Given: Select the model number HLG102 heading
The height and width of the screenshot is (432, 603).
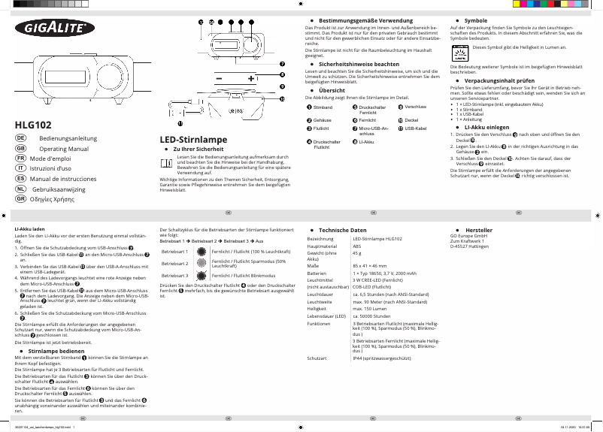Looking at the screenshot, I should pyautogui.click(x=33, y=124).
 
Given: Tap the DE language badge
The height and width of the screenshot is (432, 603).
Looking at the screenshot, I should pyautogui.click(x=21, y=139).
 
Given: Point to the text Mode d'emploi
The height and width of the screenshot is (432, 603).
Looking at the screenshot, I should pyautogui.click(x=54, y=159).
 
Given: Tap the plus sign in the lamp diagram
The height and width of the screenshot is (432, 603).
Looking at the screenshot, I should pyautogui.click(x=250, y=79).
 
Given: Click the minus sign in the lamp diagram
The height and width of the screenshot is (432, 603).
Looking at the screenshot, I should pyautogui.click(x=219, y=79).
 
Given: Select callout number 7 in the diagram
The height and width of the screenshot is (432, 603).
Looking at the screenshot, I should pyautogui.click(x=282, y=65).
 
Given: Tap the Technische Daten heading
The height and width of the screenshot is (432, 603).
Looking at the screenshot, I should pyautogui.click(x=342, y=229).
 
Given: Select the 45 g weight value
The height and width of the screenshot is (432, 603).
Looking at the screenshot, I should pyautogui.click(x=357, y=254).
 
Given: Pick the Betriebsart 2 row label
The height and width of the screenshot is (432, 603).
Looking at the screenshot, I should pyautogui.click(x=174, y=264).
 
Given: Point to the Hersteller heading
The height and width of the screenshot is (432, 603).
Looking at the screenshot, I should pyautogui.click(x=478, y=229).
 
